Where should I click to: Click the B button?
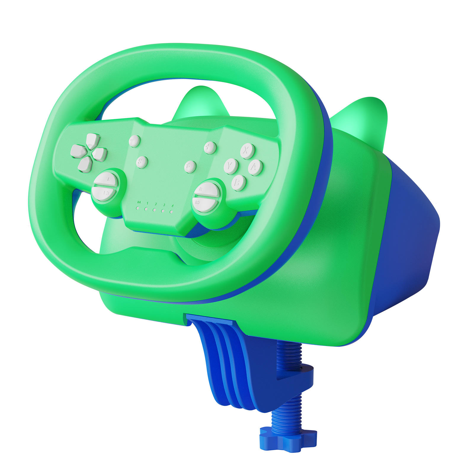click(238, 182)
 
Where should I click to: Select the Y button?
click(231, 166)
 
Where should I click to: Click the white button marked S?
click(142, 162)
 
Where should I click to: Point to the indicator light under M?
click(138, 208)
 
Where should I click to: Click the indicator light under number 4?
click(171, 212)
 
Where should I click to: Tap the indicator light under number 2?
click(154, 210)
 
